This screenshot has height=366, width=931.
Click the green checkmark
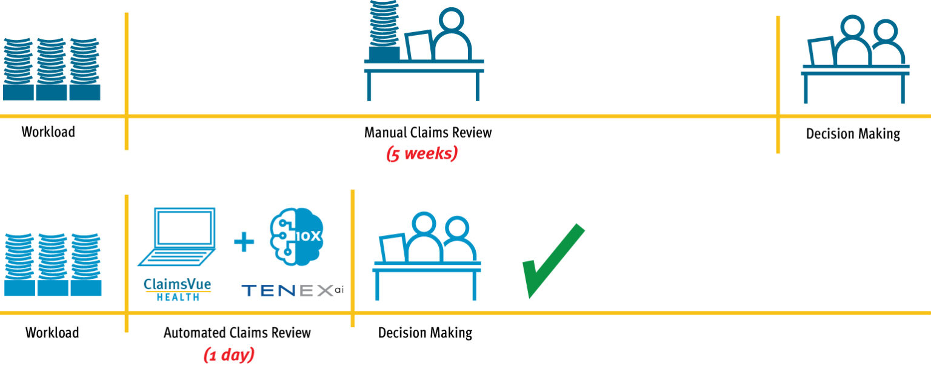(549, 264)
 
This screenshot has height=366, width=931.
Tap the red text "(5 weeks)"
(422, 153)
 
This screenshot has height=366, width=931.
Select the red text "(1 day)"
(229, 354)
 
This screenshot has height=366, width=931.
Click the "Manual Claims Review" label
(428, 132)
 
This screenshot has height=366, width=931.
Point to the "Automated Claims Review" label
(237, 333)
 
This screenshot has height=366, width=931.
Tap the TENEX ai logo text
(293, 290)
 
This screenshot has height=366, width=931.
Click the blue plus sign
(244, 242)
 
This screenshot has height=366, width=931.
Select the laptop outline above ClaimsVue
(177, 238)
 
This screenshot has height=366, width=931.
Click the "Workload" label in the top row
(48, 131)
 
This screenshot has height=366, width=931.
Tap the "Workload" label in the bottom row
(52, 333)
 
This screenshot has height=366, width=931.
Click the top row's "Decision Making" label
(853, 133)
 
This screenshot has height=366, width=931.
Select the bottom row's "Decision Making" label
(425, 333)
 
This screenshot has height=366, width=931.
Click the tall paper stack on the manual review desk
(384, 30)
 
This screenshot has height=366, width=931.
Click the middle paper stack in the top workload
(51, 68)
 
